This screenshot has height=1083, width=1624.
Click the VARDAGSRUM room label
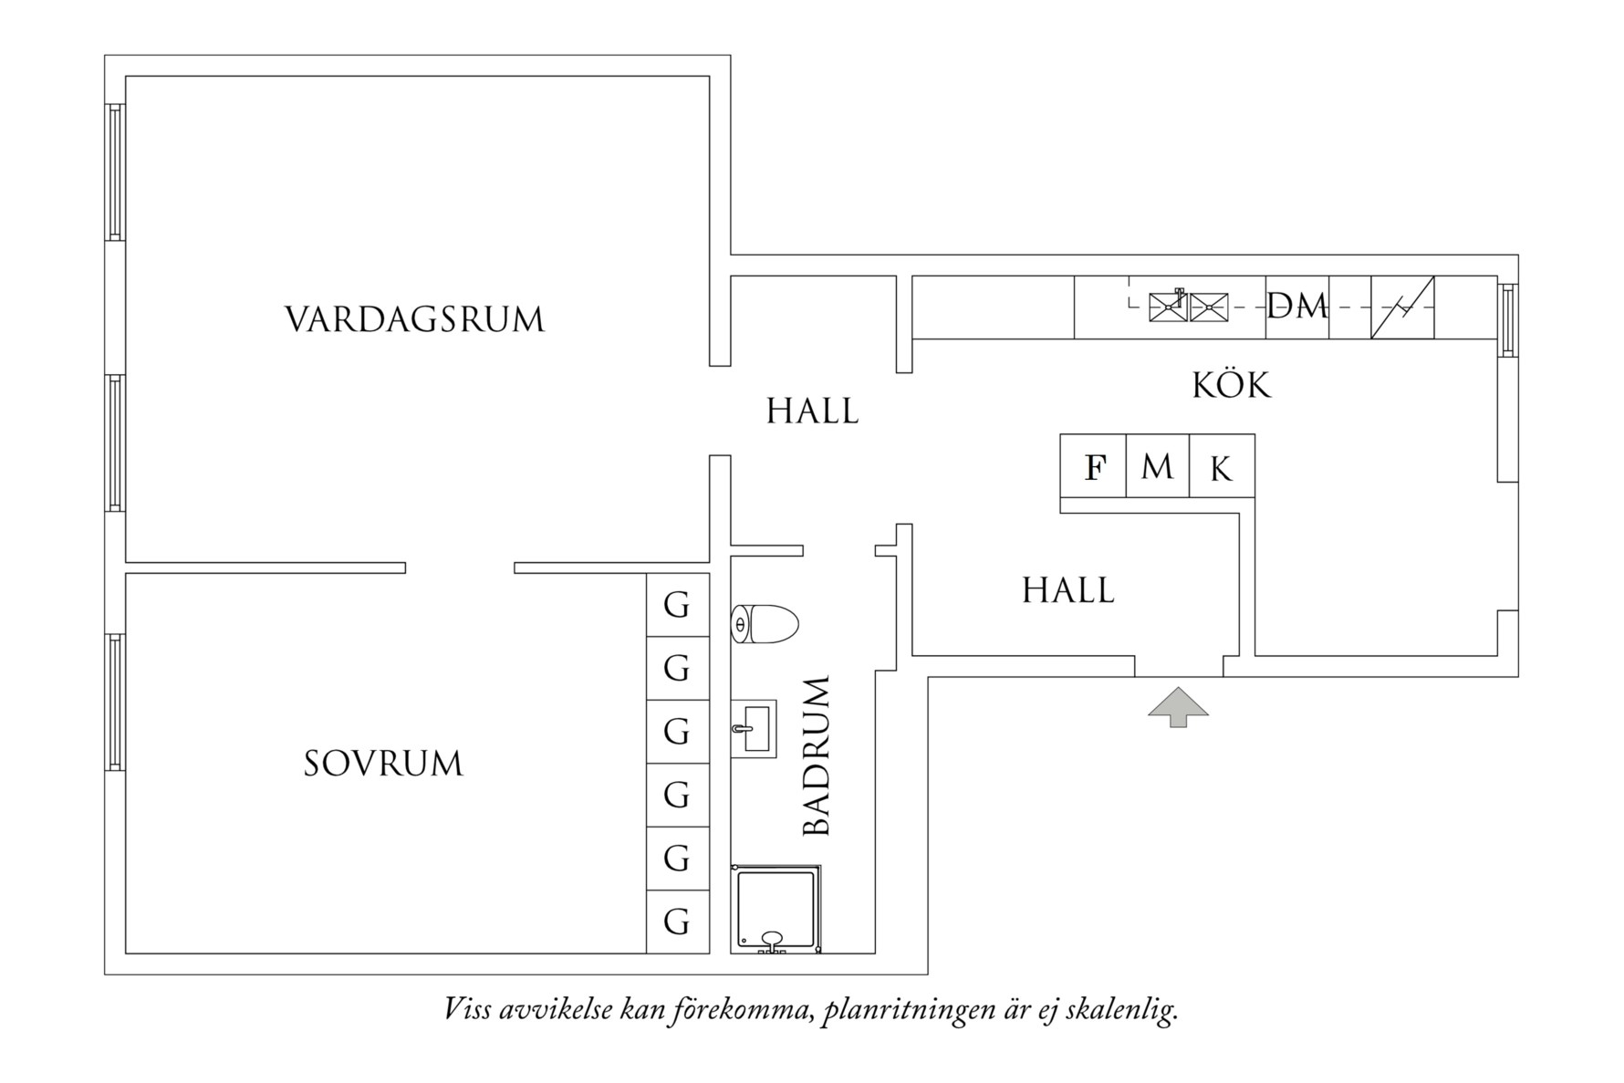click(x=414, y=320)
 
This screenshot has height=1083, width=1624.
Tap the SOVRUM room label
click(x=383, y=764)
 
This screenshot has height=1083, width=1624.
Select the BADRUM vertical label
click(x=817, y=756)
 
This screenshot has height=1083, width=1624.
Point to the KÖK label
click(x=1231, y=385)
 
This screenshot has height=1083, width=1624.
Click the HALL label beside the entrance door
click(x=1067, y=591)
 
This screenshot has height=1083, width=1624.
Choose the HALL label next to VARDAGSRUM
click(x=812, y=411)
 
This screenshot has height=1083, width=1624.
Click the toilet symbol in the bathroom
click(x=765, y=624)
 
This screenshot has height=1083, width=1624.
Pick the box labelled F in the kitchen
click(x=1094, y=467)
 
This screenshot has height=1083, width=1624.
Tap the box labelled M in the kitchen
click(x=1157, y=467)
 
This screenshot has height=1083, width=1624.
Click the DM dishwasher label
click(x=1296, y=307)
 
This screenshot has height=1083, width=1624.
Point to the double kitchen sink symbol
click(x=1189, y=307)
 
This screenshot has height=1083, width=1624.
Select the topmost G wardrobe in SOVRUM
click(x=677, y=605)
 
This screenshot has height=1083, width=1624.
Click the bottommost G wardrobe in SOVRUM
click(x=677, y=922)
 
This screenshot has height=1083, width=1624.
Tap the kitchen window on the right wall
click(x=1507, y=320)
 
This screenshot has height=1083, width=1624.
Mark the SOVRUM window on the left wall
click(x=115, y=702)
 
